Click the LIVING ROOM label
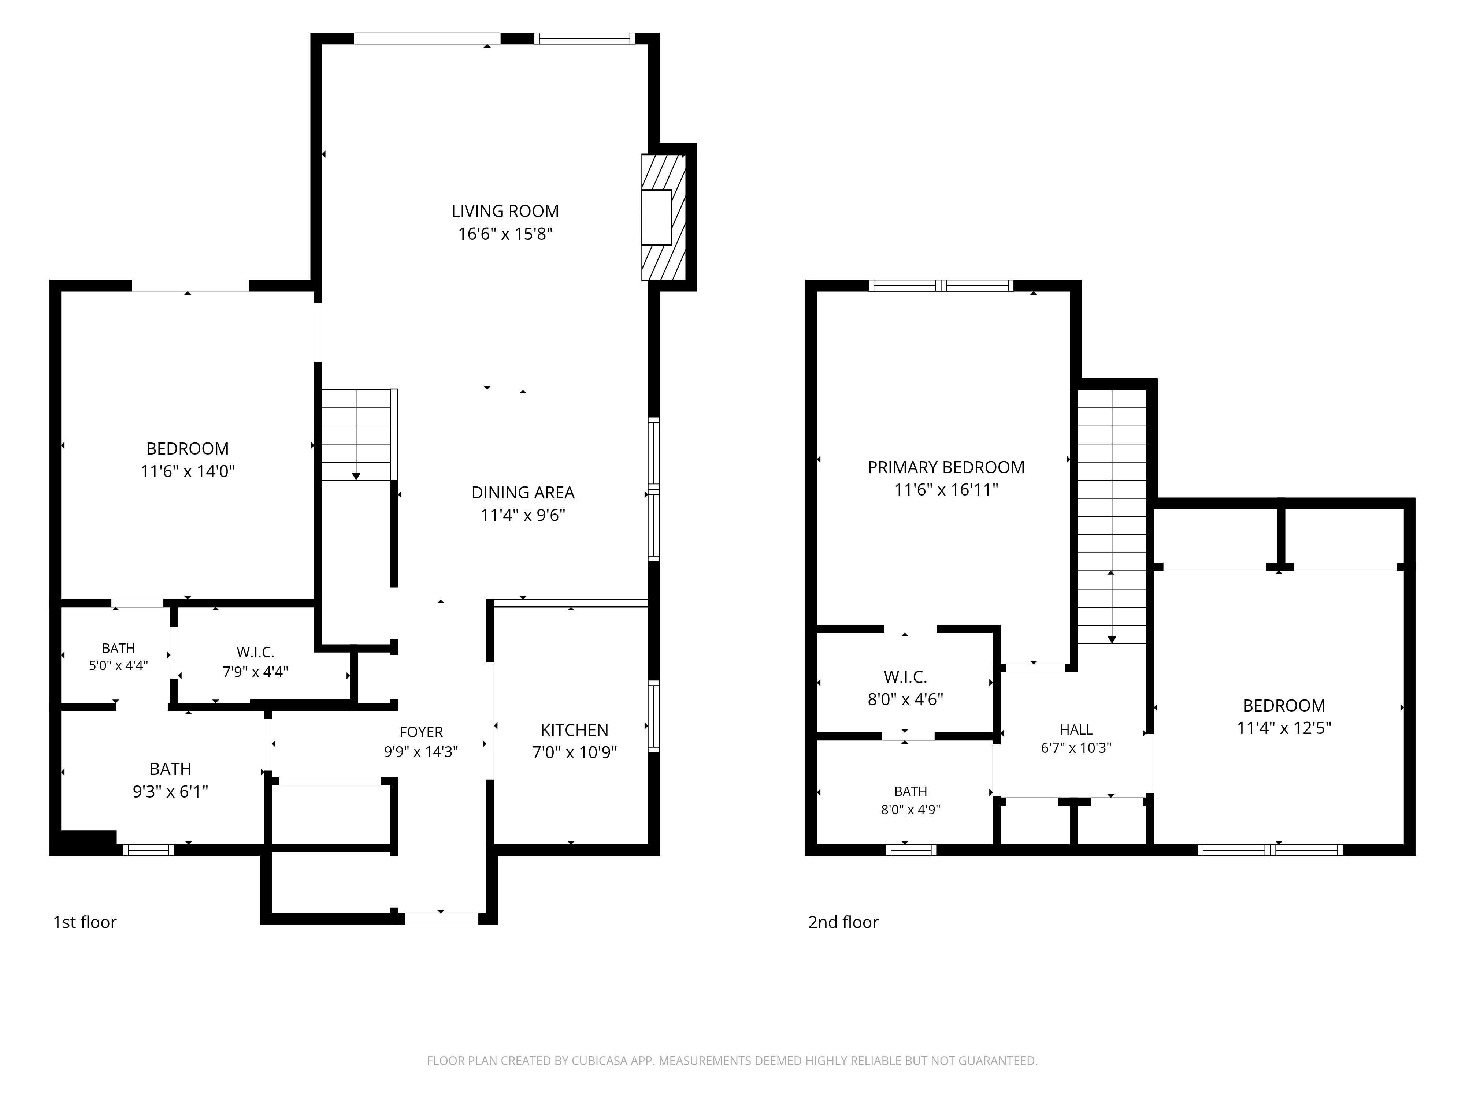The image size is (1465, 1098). coord(505,211)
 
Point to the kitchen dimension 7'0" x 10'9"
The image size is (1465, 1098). coord(574,752)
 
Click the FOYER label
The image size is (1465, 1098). coord(421,732)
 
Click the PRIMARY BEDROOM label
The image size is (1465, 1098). coord(946,467)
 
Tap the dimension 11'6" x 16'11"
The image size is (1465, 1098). coord(946,490)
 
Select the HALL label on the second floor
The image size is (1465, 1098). coord(1076,729)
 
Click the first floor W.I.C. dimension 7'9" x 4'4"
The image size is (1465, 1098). coord(255,672)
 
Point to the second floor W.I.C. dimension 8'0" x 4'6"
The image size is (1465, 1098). coord(905,699)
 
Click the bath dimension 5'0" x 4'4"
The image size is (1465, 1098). coord(119,665)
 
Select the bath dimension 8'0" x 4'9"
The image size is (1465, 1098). coord(910,810)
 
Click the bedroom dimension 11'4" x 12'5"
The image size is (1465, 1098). coord(1284,728)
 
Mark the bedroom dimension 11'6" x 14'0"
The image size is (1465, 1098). coord(188,471)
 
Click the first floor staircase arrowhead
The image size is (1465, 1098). coord(356,476)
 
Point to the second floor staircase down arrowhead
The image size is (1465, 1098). coord(1112,639)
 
